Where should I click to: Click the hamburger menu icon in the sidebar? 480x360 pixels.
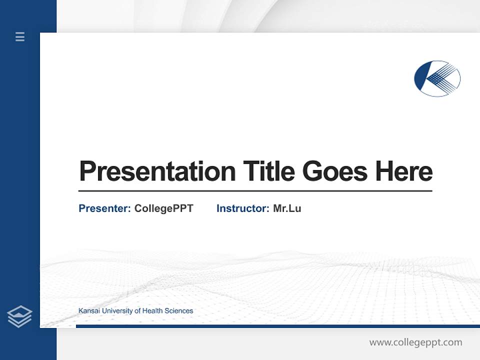point(20,36)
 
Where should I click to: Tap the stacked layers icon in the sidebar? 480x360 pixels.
point(19,316)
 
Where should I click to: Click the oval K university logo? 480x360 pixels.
point(437,78)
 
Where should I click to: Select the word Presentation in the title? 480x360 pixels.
point(157,171)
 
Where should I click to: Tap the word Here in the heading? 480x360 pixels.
point(403,171)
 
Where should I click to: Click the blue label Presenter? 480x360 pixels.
point(104,208)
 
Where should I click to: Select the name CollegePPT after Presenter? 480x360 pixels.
point(163,208)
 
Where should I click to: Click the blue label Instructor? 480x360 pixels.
point(242,208)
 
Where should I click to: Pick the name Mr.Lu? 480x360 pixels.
point(287,208)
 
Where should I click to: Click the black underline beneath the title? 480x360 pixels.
point(255,191)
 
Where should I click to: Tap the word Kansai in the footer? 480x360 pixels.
point(89,311)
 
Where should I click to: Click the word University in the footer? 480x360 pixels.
point(117,311)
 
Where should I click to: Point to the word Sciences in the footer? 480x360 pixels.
point(179,311)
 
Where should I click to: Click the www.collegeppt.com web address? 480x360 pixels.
point(415,342)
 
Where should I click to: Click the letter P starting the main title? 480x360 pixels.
point(87,171)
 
